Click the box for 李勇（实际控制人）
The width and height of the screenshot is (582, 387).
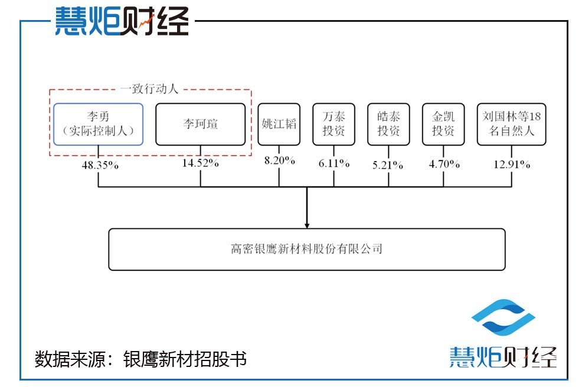tap(98, 124)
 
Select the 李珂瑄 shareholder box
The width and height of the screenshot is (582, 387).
tap(200, 124)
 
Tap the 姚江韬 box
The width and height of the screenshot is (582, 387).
tap(279, 124)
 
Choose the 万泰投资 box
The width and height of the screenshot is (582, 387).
tap(333, 124)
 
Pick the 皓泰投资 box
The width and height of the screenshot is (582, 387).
tap(388, 124)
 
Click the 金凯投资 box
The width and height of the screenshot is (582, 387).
tap(443, 124)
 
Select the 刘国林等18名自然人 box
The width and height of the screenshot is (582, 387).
tap(511, 124)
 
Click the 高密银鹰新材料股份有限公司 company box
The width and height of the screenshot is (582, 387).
tap(307, 249)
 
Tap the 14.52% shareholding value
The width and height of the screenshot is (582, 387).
tap(201, 163)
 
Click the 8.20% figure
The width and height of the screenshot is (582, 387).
tap(279, 160)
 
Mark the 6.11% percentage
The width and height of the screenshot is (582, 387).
tap(334, 163)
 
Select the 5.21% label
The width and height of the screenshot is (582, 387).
tap(389, 165)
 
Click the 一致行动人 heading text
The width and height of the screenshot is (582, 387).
tap(149, 90)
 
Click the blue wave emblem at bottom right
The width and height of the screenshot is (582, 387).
tap(503, 320)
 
